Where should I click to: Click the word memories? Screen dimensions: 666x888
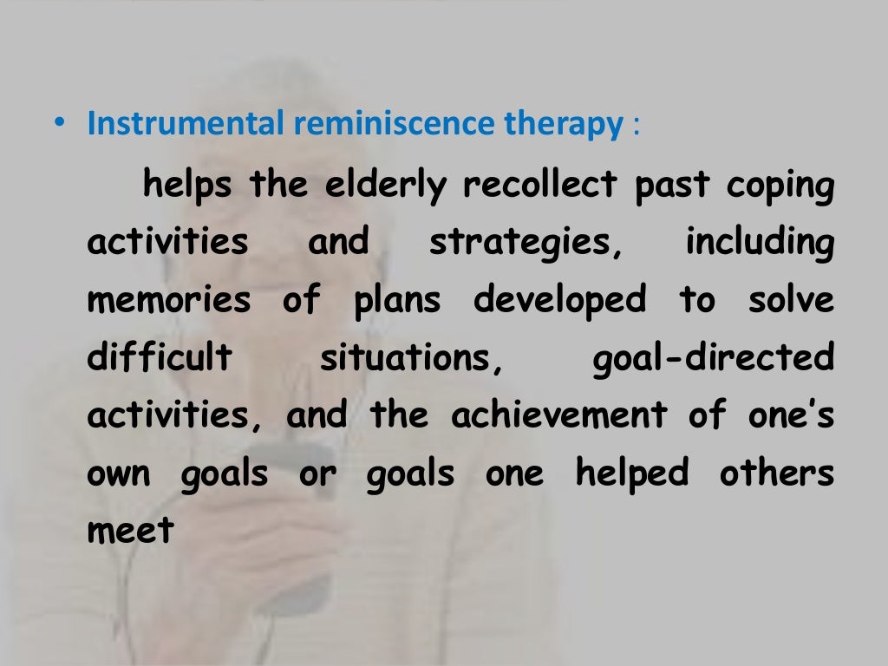tap(168, 301)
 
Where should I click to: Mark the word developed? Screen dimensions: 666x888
tap(560, 301)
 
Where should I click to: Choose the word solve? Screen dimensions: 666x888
tap(789, 300)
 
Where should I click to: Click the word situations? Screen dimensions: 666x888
tap(412, 358)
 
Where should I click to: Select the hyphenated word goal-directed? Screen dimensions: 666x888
tap(712, 358)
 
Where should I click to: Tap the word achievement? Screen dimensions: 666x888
tap(559, 416)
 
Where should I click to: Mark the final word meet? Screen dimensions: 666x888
tap(131, 531)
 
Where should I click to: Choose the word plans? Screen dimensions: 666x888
tap(396, 302)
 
